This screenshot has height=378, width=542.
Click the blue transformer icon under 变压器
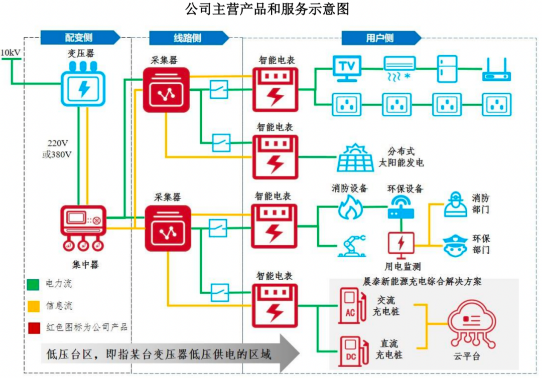(x=83, y=87)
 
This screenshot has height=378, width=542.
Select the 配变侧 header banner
(x=79, y=38)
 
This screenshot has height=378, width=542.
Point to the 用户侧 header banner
(x=380, y=38)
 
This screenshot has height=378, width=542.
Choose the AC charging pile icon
(x=350, y=305)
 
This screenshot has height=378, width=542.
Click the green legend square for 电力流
(x=33, y=284)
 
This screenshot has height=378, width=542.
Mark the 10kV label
(x=11, y=52)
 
